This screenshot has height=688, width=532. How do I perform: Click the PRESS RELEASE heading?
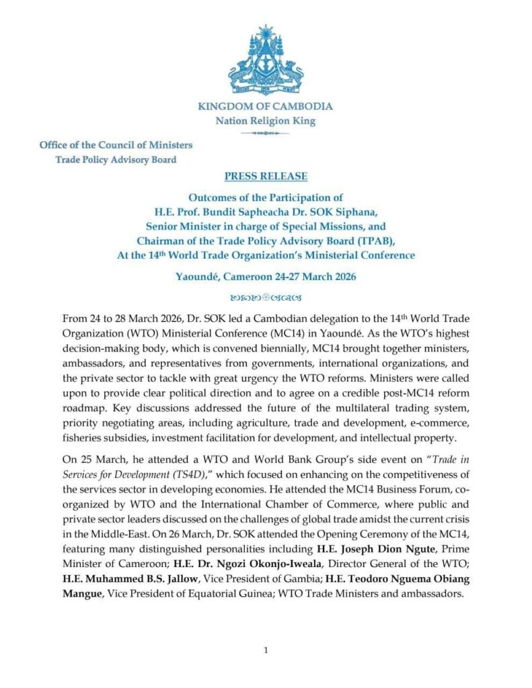click(266, 177)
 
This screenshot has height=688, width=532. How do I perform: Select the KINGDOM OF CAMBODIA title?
click(266, 106)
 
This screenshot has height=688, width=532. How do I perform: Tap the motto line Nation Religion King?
click(266, 122)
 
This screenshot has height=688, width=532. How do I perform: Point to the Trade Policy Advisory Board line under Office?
click(116, 160)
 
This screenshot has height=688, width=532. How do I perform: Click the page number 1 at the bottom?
click(266, 650)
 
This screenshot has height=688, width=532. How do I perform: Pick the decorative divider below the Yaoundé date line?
click(266, 296)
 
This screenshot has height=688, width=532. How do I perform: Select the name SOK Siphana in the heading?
click(340, 212)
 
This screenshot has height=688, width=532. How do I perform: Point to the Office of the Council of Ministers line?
click(116, 144)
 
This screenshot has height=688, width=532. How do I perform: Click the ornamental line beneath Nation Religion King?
click(266, 133)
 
